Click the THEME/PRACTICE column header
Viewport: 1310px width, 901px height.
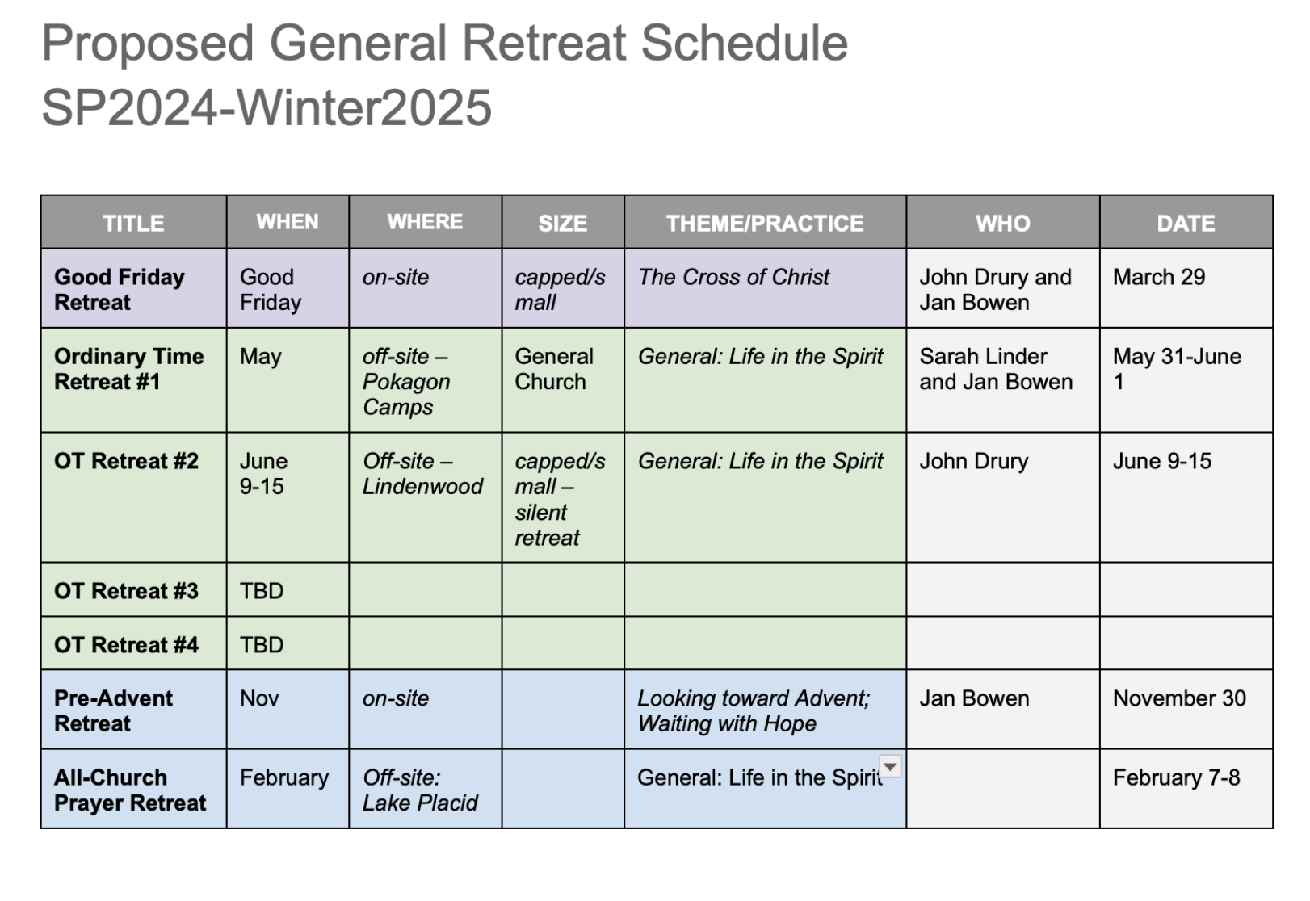pos(764,224)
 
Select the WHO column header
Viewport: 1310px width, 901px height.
pos(1002,224)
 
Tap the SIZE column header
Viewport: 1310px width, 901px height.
pos(563,224)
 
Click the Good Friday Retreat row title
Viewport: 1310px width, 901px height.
pos(120,289)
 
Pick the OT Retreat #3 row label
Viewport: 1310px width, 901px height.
pos(126,590)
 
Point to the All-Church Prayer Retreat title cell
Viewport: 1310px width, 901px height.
pos(130,790)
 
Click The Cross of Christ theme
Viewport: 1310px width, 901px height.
pos(733,277)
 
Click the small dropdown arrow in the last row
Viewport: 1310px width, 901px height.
pos(889,766)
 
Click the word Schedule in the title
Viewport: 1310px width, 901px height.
pos(744,44)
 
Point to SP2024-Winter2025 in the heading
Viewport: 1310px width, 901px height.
pos(267,107)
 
